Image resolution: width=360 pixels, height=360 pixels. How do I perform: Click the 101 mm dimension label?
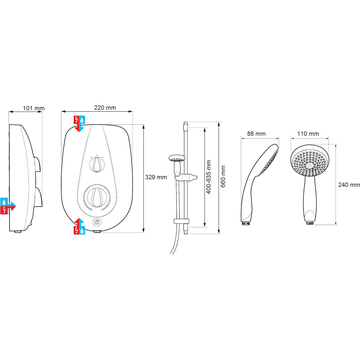(34, 108)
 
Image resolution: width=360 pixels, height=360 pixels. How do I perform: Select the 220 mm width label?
(105, 108)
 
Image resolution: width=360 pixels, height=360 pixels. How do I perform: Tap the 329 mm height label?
(156, 177)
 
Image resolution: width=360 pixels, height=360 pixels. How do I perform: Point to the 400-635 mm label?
(209, 177)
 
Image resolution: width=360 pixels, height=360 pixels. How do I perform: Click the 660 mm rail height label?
(223, 177)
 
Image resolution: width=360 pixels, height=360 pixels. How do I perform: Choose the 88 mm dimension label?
(256, 134)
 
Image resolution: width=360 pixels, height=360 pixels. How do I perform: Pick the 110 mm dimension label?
(308, 134)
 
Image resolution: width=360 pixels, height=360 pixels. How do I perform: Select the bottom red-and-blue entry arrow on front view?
(79, 226)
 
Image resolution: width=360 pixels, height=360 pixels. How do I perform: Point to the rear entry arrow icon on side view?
(8, 206)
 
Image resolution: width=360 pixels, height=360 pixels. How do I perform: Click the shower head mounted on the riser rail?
(176, 158)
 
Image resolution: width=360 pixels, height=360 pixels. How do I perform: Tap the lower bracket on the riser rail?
(181, 222)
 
